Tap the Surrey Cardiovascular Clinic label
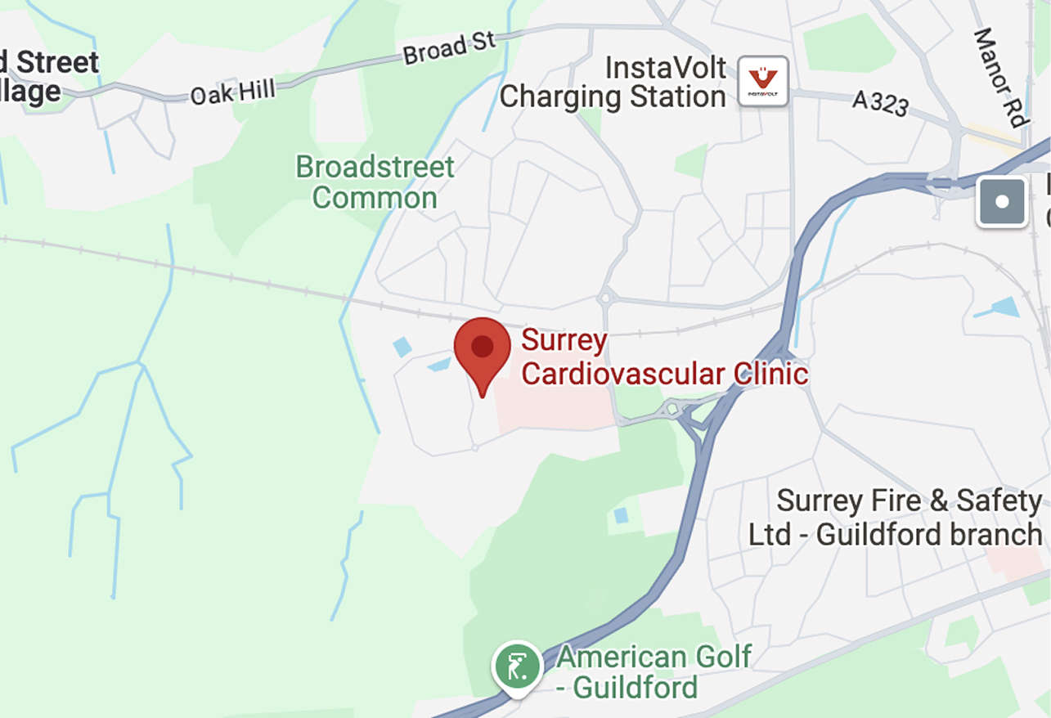(664, 357)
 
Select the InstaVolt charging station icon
(763, 81)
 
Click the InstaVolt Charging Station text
(613, 82)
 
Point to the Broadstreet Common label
(375, 182)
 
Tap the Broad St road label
(449, 48)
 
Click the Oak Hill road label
(232, 91)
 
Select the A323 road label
(880, 102)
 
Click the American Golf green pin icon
(517, 667)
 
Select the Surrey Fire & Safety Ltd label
(896, 517)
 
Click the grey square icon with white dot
(1002, 202)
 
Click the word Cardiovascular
(612, 374)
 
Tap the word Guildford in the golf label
(636, 687)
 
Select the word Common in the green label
(375, 198)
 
